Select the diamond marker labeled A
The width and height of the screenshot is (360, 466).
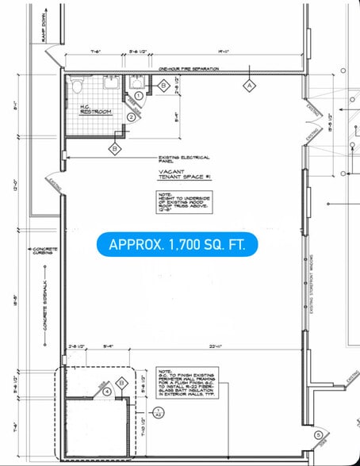(247, 84)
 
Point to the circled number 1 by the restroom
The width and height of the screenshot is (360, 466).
(138, 95)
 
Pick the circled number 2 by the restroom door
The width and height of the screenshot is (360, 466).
(130, 117)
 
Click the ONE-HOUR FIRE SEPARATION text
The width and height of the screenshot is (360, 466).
(188, 69)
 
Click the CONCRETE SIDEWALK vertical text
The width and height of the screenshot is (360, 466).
(44, 305)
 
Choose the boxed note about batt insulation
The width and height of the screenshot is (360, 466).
(187, 385)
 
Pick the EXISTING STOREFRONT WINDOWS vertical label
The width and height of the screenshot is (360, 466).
(312, 286)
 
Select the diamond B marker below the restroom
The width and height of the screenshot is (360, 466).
(116, 147)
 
